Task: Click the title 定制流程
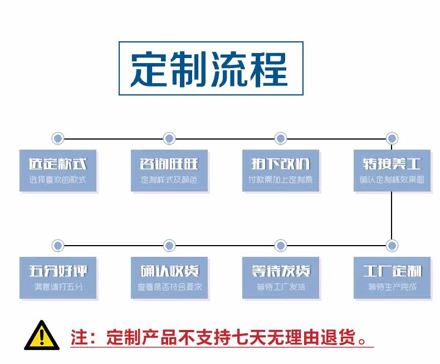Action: (211, 69)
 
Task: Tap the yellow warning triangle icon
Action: (41, 335)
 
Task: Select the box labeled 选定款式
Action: (58, 170)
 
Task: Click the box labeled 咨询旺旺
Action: (169, 170)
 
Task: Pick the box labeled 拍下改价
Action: (281, 170)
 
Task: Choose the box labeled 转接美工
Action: (392, 170)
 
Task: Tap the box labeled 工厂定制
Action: (392, 277)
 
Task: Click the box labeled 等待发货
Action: (281, 277)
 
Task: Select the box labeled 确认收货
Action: (169, 277)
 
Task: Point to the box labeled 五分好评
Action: (58, 277)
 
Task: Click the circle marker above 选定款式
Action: (58, 138)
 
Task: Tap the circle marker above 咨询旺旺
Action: (169, 138)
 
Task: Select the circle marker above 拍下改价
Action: (281, 138)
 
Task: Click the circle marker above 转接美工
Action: (392, 138)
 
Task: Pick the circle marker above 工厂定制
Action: (392, 245)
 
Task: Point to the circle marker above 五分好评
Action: (58, 245)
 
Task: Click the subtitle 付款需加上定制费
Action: (281, 180)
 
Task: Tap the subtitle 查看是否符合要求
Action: (169, 288)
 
